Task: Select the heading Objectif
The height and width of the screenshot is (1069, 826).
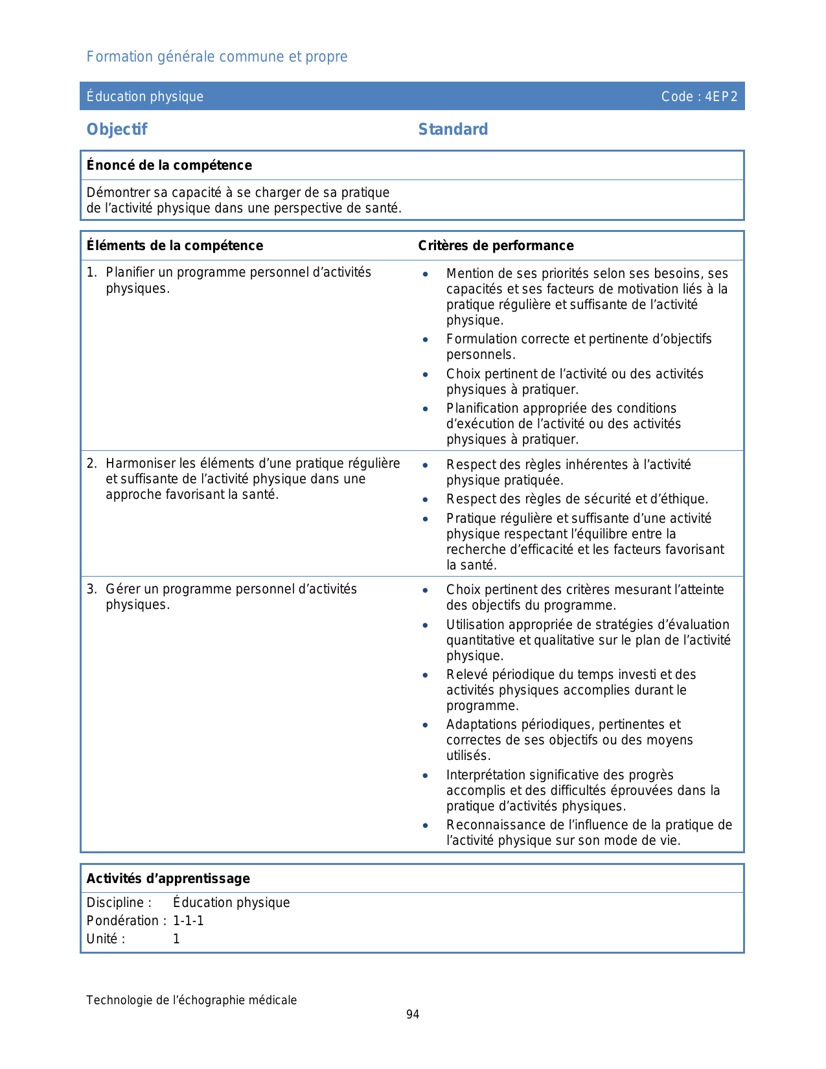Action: click(x=117, y=130)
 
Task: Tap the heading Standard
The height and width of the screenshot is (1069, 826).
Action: click(x=453, y=130)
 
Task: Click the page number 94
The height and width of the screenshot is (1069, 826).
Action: click(x=413, y=1015)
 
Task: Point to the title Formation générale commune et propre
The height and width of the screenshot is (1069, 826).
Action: click(x=217, y=57)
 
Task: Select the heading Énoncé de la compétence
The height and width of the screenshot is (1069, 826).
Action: click(x=169, y=165)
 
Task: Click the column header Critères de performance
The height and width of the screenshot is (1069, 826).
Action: click(x=496, y=246)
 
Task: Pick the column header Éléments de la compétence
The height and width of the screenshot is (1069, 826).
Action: click(x=175, y=246)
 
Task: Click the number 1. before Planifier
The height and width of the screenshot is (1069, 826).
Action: click(x=91, y=273)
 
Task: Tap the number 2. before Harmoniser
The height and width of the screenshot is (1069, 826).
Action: click(x=91, y=463)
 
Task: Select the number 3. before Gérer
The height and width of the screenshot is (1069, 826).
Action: click(x=91, y=589)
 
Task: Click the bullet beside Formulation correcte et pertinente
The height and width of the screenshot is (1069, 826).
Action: click(x=426, y=339)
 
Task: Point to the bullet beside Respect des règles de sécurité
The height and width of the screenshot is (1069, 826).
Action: click(x=426, y=500)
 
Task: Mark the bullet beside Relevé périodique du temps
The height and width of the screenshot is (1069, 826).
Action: click(x=426, y=675)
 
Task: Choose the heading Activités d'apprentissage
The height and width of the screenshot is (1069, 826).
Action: click(x=168, y=879)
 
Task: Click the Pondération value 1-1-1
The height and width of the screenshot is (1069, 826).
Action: click(x=188, y=921)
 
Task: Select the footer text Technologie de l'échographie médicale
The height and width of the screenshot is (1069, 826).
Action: click(x=192, y=1000)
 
